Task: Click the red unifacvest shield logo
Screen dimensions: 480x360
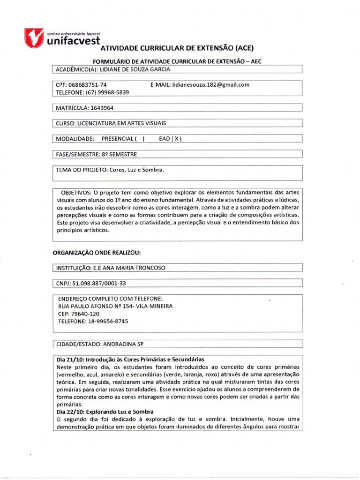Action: pyautogui.click(x=35, y=37)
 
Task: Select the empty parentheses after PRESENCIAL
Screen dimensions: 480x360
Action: pyautogui.click(x=139, y=139)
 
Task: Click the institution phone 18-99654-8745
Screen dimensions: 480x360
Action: pyautogui.click(x=107, y=322)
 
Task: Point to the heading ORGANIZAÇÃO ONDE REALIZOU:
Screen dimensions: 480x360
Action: pyautogui.click(x=97, y=253)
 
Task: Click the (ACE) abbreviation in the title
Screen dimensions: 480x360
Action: pyautogui.click(x=244, y=48)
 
